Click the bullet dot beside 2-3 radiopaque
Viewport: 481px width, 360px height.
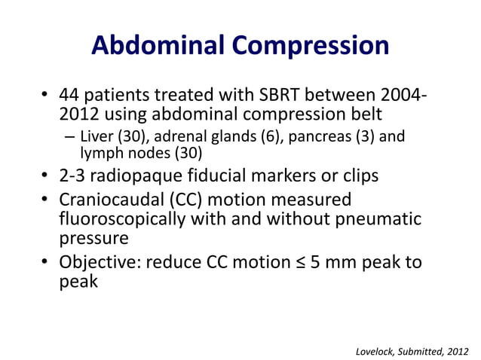[44, 177]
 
